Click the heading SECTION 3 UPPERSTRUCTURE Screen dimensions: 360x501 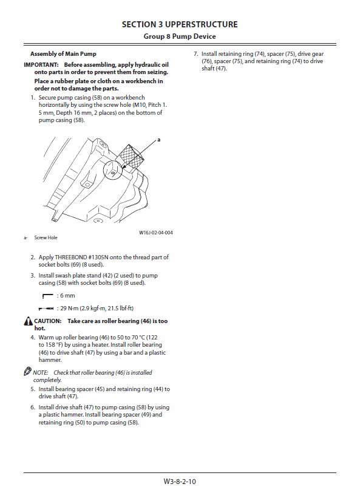[180, 25]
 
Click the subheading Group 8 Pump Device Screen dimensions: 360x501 [180, 36]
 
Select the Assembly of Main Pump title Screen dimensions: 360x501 [63, 53]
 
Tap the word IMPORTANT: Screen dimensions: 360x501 [41, 64]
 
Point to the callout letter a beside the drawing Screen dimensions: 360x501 [159, 140]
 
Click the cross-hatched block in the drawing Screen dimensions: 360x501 [129, 157]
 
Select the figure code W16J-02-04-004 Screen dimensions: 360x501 [156, 233]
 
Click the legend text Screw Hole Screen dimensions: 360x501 [46, 237]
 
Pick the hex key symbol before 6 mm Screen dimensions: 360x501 [47, 296]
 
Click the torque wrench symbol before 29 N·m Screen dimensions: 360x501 [46, 308]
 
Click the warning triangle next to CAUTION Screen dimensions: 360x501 [28, 321]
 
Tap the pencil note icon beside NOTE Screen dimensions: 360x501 [27, 371]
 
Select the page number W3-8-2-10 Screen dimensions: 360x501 [180, 482]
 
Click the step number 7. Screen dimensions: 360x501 [196, 54]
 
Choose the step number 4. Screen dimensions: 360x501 [33, 338]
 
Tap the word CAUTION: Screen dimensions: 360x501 [47, 321]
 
